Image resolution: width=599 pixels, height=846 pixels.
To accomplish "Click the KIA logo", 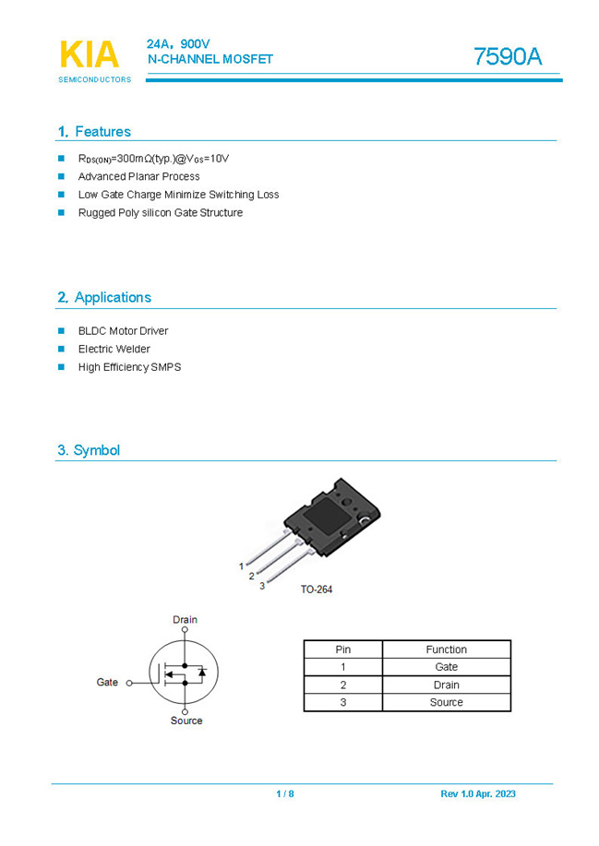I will pyautogui.click(x=90, y=56).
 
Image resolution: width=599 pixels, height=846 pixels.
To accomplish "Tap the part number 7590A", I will pyautogui.click(x=507, y=57).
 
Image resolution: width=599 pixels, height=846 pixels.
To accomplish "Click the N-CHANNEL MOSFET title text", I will pyautogui.click(x=210, y=59).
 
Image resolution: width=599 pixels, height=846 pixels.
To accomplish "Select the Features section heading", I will pyautogui.click(x=94, y=132).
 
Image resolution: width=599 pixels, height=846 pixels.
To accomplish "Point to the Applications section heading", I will pyautogui.click(x=103, y=297).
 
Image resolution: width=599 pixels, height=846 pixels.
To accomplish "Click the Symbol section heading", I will pyautogui.click(x=89, y=450).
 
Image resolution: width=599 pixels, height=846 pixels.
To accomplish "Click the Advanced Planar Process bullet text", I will pyautogui.click(x=138, y=176).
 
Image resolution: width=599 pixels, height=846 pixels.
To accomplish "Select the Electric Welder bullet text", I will pyautogui.click(x=114, y=349).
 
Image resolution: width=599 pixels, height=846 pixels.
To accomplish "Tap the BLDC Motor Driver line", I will pyautogui.click(x=123, y=330).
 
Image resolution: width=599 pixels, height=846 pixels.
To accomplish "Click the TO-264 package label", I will pyautogui.click(x=316, y=589).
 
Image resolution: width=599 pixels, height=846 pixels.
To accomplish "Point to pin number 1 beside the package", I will pyautogui.click(x=242, y=566).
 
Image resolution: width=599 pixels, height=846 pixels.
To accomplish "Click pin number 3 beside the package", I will pyautogui.click(x=262, y=586).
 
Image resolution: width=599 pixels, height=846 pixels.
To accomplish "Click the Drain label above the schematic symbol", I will pyautogui.click(x=185, y=620).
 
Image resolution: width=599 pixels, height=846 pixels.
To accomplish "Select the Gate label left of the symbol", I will pyautogui.click(x=107, y=683).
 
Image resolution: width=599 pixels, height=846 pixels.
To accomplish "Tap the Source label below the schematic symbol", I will pyautogui.click(x=186, y=721).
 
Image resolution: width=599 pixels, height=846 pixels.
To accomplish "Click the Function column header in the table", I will pyautogui.click(x=446, y=649).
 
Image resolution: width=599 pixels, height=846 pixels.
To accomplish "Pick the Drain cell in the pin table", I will pyautogui.click(x=446, y=685).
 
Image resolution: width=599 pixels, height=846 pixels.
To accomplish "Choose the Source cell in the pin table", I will pyautogui.click(x=446, y=702).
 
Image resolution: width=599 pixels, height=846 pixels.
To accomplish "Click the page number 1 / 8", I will pyautogui.click(x=284, y=794).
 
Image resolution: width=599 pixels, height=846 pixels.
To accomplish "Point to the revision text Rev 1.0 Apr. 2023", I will pyautogui.click(x=478, y=794).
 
